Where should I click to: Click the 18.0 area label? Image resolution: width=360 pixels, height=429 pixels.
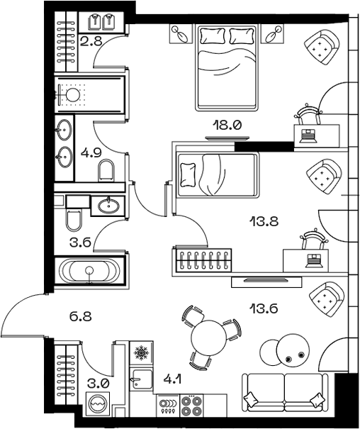(x=228, y=126)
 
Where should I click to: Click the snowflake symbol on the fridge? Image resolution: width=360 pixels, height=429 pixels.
(x=141, y=352)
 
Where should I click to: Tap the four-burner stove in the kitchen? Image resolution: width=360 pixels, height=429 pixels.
(x=192, y=406)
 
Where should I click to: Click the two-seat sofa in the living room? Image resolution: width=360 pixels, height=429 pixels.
(x=286, y=392)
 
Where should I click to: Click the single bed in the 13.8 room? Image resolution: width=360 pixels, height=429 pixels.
(x=214, y=174)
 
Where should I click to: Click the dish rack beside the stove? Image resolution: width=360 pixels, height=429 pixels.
(x=169, y=406)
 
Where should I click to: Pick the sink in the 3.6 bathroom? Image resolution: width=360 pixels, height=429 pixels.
(x=109, y=206)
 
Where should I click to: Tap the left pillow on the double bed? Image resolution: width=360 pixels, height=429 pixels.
(x=211, y=35)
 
